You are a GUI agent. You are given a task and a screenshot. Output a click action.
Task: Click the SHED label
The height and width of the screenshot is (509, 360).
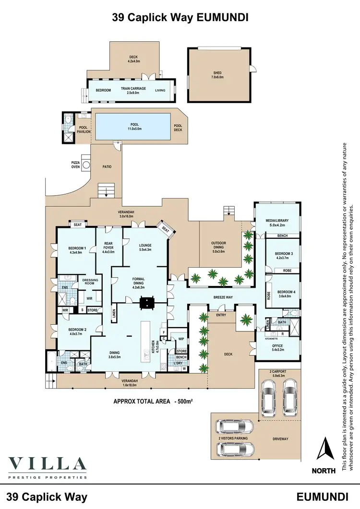217,74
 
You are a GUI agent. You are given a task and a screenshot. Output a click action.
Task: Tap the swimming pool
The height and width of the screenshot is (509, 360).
132,125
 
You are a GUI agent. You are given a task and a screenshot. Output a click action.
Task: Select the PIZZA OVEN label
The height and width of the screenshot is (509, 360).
76,165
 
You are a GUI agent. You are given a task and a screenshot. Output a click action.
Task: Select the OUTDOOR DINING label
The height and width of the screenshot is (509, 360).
219,246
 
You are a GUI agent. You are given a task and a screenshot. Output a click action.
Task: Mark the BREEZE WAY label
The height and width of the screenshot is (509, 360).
223,297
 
